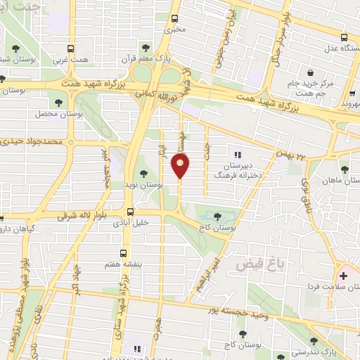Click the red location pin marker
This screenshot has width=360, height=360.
coord(180,166)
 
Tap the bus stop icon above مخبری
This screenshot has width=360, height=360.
coord(175,19)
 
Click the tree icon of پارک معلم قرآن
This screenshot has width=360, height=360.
coord(146,48)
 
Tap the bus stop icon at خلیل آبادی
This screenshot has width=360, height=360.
coord(130,212)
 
